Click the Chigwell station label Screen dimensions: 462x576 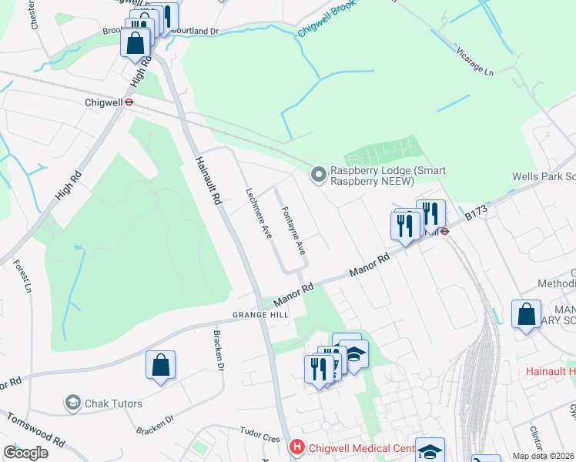click(103, 101)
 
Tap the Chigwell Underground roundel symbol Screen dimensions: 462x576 click(130, 101)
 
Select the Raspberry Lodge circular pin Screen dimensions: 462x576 click(318, 176)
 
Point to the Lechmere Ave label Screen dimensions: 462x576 click(259, 213)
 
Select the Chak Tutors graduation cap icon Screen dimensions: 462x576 click(73, 403)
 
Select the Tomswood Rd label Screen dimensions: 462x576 click(36, 430)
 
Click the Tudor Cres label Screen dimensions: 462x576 click(260, 434)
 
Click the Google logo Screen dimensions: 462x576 click(25, 453)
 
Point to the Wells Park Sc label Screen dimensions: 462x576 click(544, 177)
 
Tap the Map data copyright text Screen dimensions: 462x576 click(544, 456)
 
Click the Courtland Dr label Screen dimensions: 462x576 click(196, 32)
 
